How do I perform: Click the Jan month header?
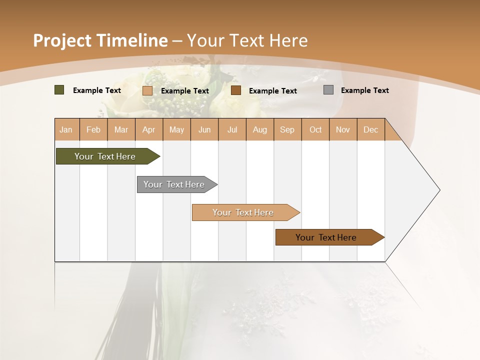(66, 129)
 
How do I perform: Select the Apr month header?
(148, 129)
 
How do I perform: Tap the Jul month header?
(232, 129)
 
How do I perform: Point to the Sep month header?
(287, 129)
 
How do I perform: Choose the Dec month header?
(370, 129)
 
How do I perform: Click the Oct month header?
(315, 129)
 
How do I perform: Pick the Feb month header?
(93, 129)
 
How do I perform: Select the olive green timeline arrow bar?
(105, 156)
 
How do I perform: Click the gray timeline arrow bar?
(174, 184)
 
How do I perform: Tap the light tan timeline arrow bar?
(243, 212)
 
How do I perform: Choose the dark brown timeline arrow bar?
(326, 237)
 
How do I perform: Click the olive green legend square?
(59, 90)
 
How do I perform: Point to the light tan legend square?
(147, 90)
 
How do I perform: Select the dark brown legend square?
(236, 90)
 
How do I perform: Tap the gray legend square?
(328, 90)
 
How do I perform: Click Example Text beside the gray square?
(364, 90)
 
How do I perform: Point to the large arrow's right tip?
(439, 190)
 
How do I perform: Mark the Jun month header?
(204, 129)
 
